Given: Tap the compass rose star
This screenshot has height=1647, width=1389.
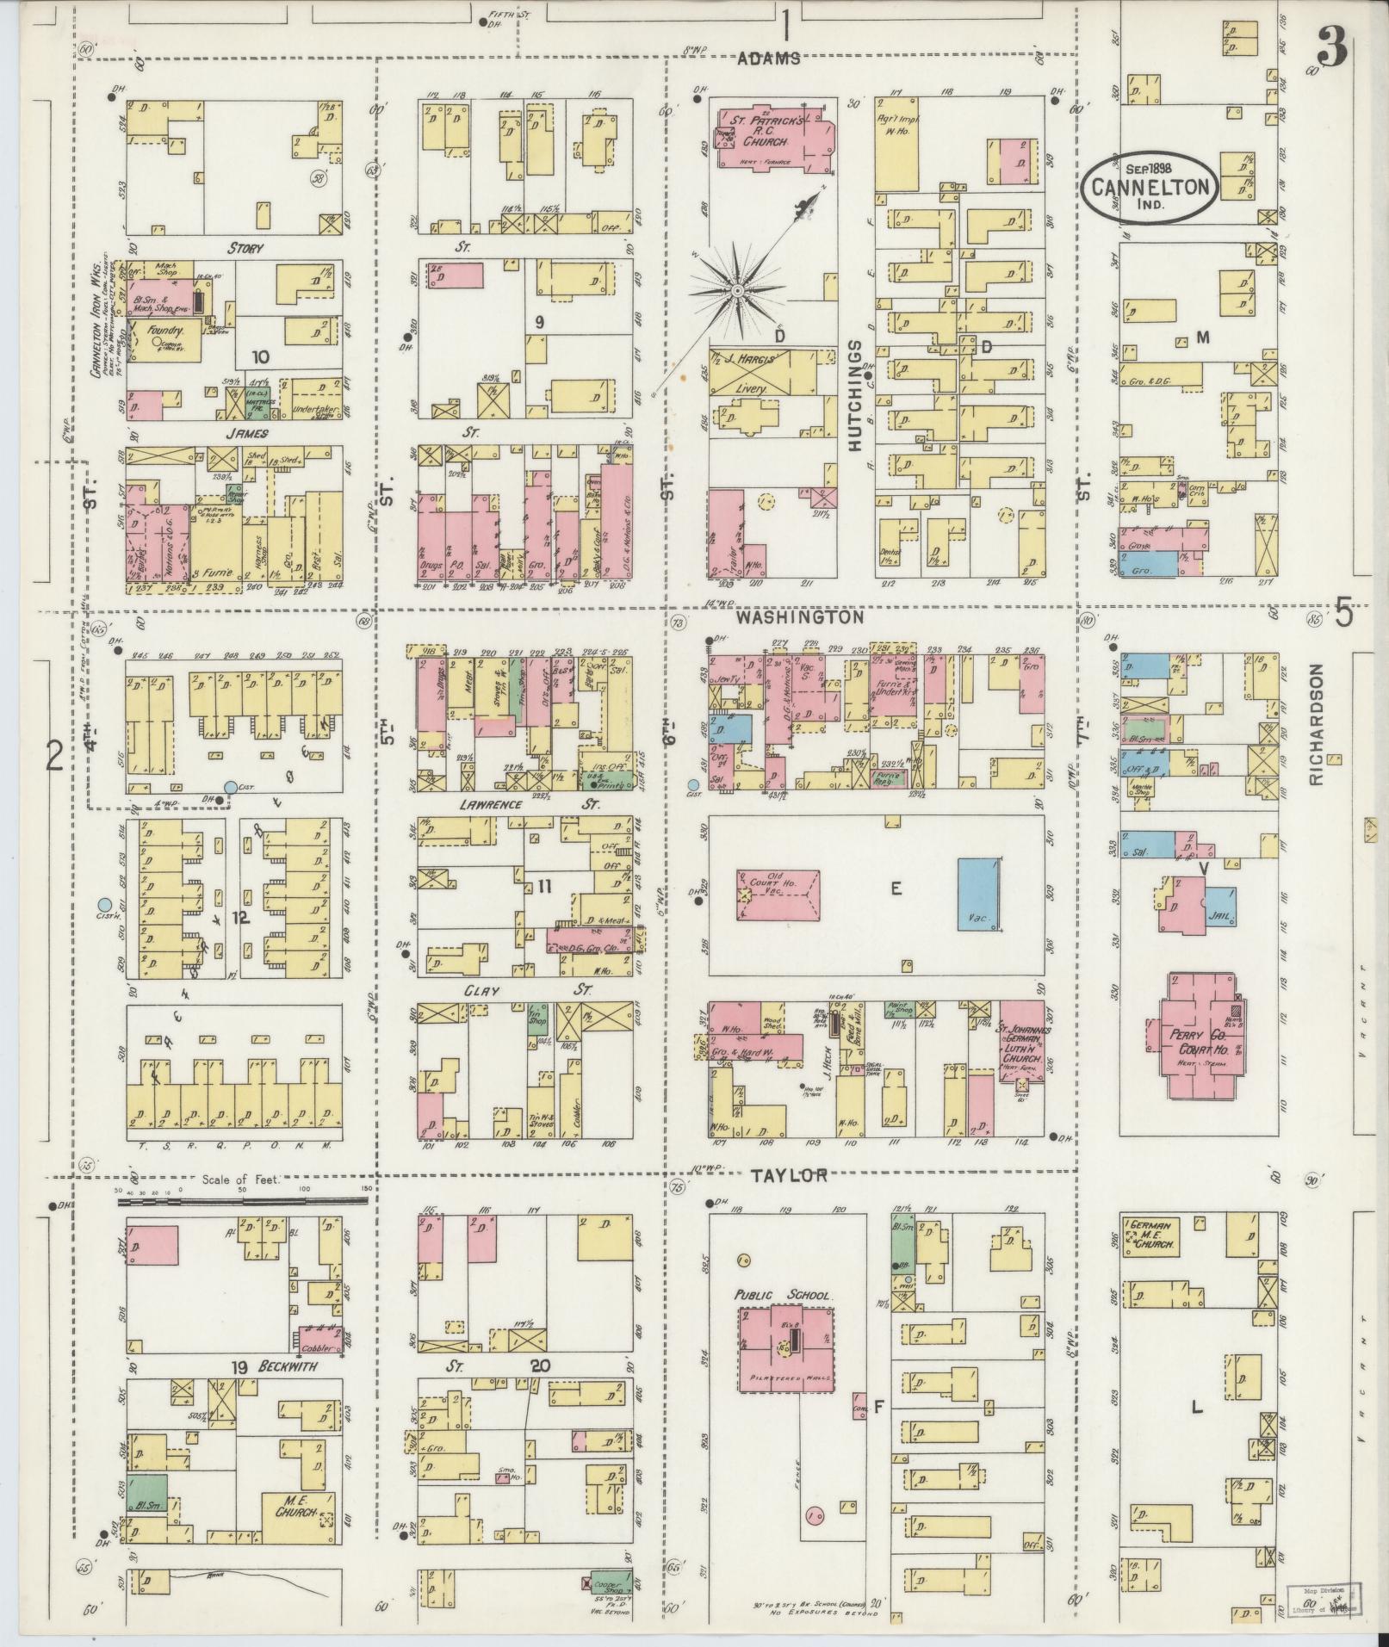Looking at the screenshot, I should (x=737, y=293).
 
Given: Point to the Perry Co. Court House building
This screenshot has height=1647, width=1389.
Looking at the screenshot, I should (x=1197, y=1035).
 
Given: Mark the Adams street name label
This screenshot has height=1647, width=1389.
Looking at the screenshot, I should (x=769, y=59).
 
